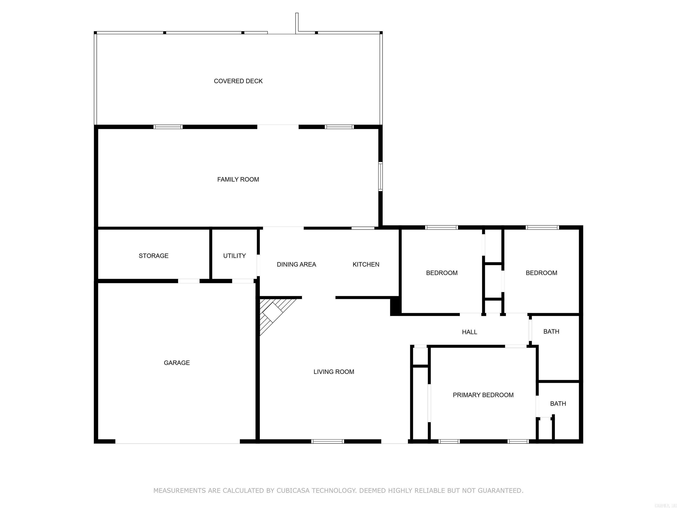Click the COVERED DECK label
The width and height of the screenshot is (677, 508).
238,81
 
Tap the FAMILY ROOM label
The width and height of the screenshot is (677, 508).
238,179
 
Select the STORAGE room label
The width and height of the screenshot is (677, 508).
153,256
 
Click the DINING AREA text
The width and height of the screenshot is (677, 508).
296,265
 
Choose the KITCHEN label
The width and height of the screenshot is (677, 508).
366,265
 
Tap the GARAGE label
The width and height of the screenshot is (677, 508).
177,363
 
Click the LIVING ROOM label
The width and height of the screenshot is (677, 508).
334,372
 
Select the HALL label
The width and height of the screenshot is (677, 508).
469,332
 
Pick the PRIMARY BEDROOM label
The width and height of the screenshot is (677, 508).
483,395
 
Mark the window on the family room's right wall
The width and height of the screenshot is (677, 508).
380,177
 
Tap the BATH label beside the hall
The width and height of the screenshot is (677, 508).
551,332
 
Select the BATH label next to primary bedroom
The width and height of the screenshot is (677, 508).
558,403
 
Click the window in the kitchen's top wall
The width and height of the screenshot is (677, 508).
363,228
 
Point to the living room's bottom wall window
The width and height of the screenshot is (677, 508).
327,441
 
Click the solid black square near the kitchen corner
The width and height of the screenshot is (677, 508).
395,306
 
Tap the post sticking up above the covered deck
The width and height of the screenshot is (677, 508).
297,22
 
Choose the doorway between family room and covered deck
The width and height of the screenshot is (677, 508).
278,127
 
